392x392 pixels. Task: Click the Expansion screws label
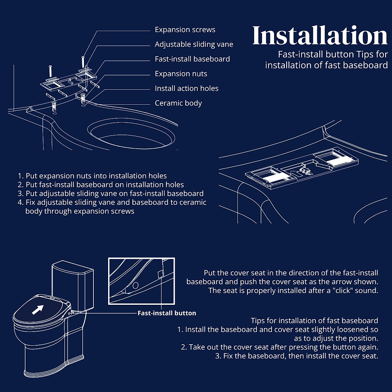point(185,30)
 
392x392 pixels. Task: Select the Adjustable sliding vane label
point(194,44)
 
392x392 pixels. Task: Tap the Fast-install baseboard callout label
point(192,59)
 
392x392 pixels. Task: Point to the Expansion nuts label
point(181,74)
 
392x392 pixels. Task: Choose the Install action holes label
point(186,89)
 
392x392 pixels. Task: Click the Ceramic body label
point(178,103)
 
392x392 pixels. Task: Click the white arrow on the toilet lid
point(38,309)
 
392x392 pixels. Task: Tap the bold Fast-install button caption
point(167,313)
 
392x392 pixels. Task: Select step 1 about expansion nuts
point(92,176)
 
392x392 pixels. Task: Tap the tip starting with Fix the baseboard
point(296,356)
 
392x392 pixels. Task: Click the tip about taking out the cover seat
point(279,347)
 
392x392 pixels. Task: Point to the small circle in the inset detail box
point(135,285)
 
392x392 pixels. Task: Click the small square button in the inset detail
point(160,274)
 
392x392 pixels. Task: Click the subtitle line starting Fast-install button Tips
point(333,54)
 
